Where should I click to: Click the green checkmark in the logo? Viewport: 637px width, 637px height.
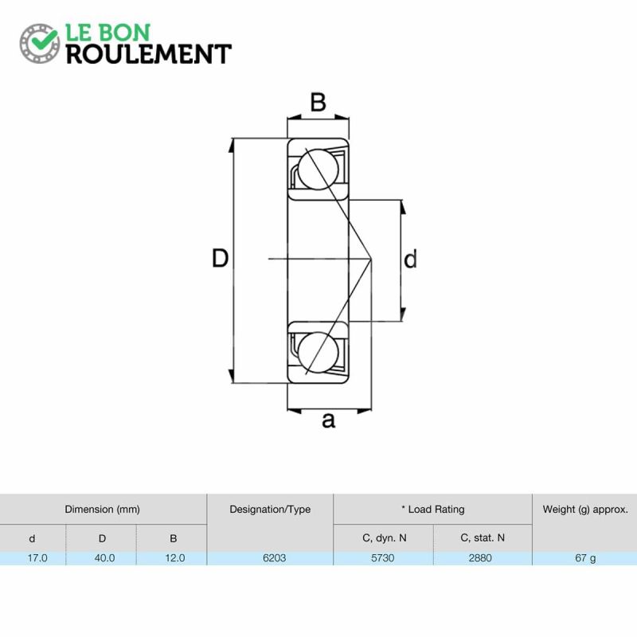click(x=45, y=39)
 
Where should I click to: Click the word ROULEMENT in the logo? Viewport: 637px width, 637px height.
click(x=149, y=54)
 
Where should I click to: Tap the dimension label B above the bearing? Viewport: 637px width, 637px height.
click(x=318, y=102)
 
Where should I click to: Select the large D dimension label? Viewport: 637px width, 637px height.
click(x=221, y=258)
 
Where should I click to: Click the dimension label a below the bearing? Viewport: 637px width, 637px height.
click(x=328, y=420)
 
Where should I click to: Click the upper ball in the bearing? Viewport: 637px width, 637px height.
click(x=318, y=170)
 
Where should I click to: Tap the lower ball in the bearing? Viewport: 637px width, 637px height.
click(x=318, y=352)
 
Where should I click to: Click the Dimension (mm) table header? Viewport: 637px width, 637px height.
click(x=103, y=509)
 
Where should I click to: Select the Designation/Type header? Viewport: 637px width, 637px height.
click(x=270, y=509)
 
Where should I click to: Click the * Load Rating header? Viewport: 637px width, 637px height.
click(x=432, y=509)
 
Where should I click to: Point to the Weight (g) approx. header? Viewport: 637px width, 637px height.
click(x=585, y=509)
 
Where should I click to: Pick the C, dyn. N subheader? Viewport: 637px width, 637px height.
click(x=384, y=538)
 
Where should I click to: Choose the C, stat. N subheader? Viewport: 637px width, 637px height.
click(x=483, y=538)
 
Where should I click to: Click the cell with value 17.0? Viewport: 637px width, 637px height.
click(x=37, y=558)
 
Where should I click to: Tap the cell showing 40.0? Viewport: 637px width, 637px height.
click(x=104, y=558)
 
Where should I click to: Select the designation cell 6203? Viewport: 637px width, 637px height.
click(x=274, y=558)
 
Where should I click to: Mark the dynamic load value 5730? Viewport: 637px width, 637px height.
click(x=383, y=558)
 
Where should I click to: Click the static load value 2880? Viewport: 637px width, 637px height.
click(x=480, y=558)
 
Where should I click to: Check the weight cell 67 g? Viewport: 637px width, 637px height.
click(x=585, y=558)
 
